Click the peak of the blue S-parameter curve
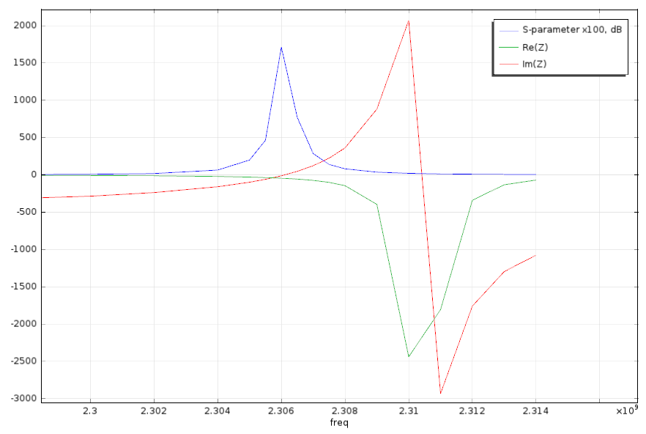pos(281,48)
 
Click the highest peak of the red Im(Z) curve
pos(409,21)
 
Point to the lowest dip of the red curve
pos(440,394)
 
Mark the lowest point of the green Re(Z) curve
pos(409,357)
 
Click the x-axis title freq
pos(339,423)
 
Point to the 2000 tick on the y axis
pos(25,26)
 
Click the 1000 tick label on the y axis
pos(25,100)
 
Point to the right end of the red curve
pos(535,255)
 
